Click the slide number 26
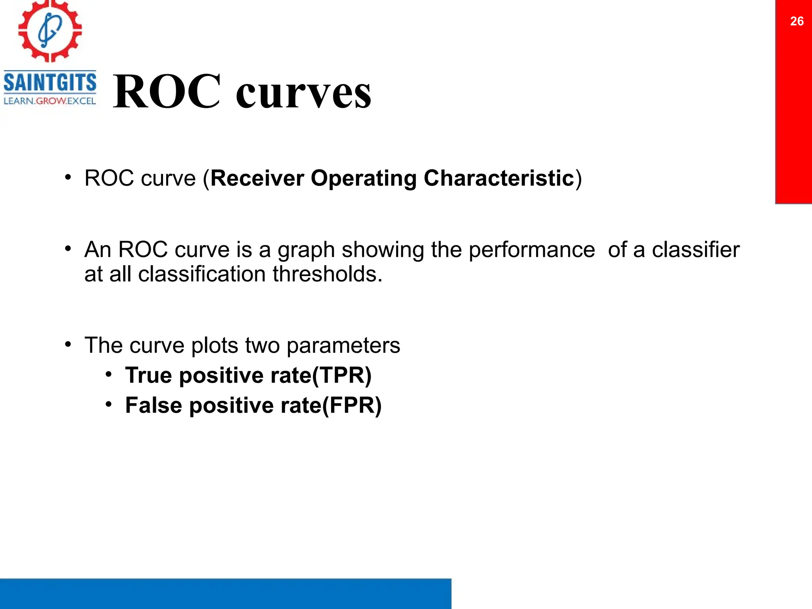point(797,21)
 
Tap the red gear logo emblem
point(50,31)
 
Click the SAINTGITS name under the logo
point(50,83)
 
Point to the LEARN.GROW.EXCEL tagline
point(50,101)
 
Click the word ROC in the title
point(167,92)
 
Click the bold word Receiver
point(257,178)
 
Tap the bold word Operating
point(363,178)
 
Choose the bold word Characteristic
point(499,178)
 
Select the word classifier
point(695,250)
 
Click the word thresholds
point(327,274)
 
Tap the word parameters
point(343,346)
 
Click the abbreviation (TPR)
point(342,375)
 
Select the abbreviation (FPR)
point(352,406)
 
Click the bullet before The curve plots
point(69,345)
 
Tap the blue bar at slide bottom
point(225,594)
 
